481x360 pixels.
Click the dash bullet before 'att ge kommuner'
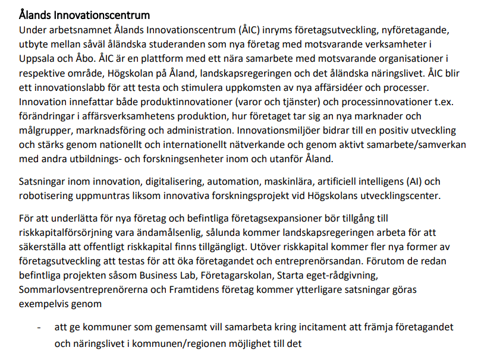(x=40, y=328)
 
